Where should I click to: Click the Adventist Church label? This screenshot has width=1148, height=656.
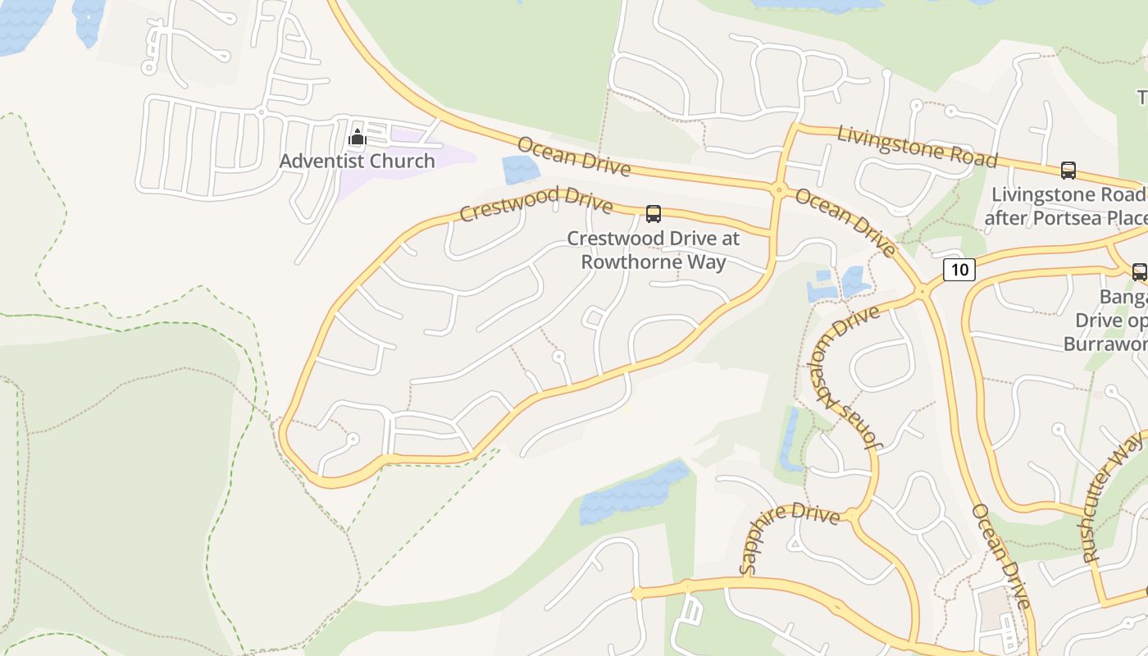click(357, 161)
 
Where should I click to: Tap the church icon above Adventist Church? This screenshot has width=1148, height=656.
click(357, 138)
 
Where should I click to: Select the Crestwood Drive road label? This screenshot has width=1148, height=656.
click(535, 203)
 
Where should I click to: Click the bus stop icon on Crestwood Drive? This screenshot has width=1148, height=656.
click(654, 214)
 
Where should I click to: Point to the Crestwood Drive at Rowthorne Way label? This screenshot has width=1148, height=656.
click(654, 250)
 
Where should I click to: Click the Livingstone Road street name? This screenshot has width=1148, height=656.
click(917, 145)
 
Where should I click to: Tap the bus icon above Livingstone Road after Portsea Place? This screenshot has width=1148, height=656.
click(1068, 171)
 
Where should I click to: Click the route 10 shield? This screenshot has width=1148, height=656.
click(959, 269)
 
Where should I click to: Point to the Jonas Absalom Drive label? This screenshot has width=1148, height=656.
click(845, 377)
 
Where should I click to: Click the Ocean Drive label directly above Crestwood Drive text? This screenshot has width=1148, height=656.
click(574, 157)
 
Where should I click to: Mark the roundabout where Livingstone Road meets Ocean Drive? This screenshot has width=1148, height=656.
click(778, 190)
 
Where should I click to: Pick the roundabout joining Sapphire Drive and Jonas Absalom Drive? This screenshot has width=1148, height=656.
click(852, 516)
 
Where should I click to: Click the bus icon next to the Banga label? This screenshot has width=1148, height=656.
click(1139, 272)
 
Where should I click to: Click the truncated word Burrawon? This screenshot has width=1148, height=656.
click(1105, 344)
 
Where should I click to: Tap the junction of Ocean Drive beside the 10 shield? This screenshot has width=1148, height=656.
click(923, 290)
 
